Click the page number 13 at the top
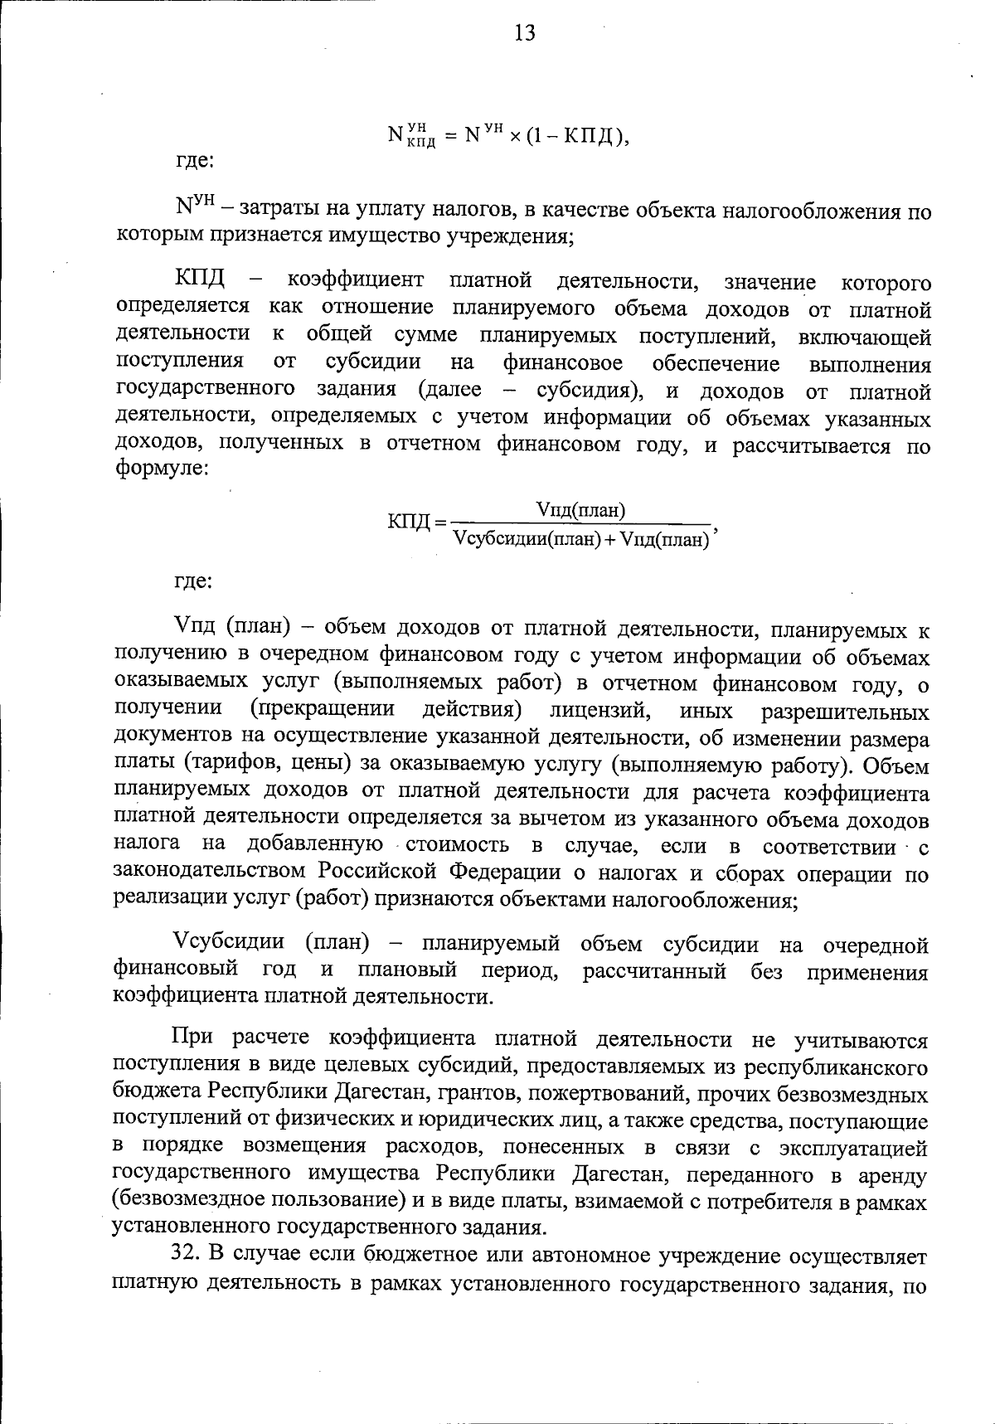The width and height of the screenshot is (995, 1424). click(525, 33)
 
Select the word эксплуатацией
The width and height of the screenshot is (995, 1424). click(853, 1149)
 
